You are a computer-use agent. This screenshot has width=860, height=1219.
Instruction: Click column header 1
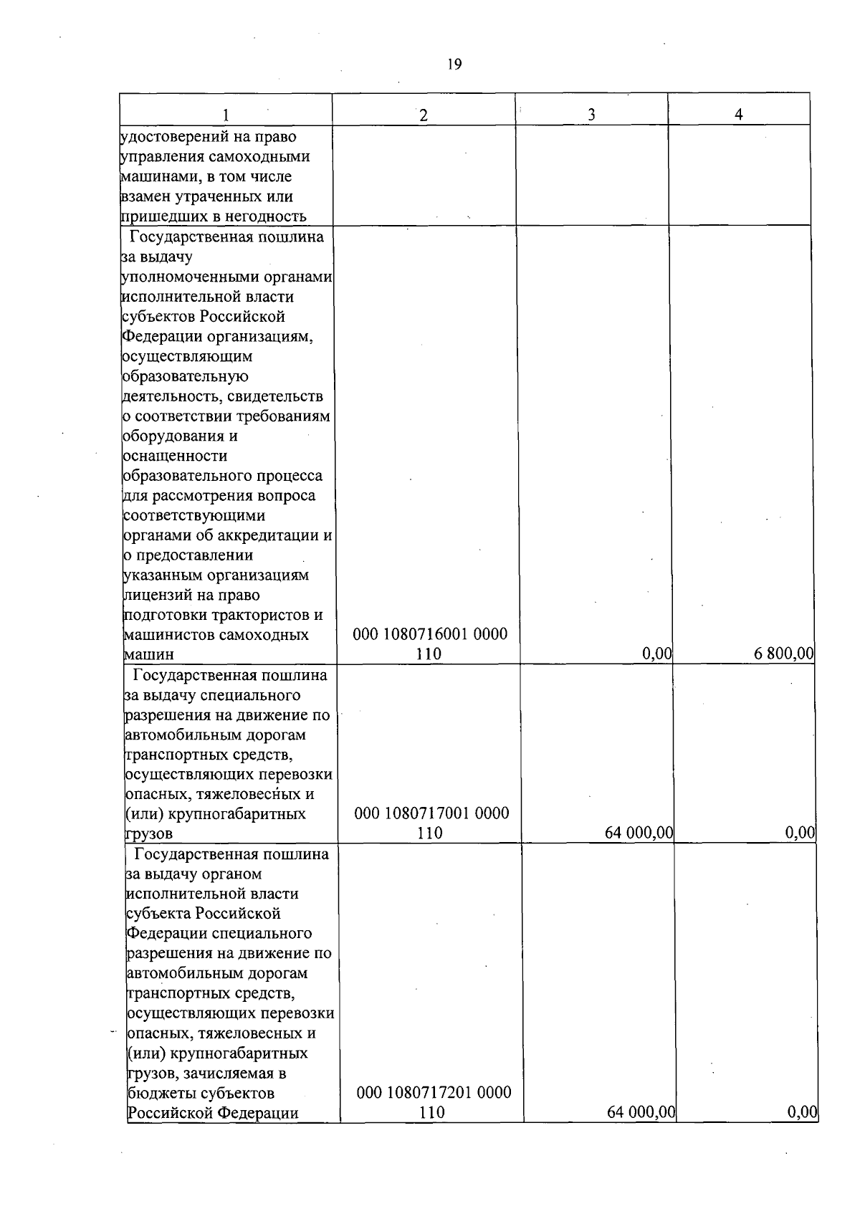point(226,115)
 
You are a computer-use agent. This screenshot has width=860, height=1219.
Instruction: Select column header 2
point(424,115)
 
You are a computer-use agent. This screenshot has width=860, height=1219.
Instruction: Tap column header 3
point(591,115)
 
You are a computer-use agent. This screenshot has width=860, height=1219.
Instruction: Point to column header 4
point(738,115)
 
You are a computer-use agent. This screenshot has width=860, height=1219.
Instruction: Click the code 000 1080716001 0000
point(430,634)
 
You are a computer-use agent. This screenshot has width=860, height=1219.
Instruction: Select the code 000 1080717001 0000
point(432,813)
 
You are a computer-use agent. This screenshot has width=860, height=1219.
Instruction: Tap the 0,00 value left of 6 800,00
point(657,654)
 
